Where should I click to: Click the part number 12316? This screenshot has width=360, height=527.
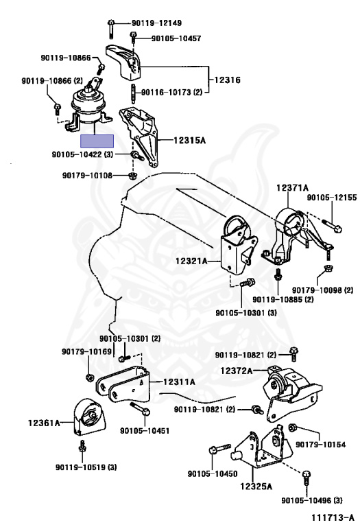point(228,80)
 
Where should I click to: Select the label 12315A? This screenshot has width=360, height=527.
point(189,140)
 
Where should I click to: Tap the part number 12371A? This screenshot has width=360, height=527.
point(292,187)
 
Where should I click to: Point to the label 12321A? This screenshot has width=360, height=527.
point(191,261)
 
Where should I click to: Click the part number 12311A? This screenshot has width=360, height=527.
point(179,382)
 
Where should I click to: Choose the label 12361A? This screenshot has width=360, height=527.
point(44,423)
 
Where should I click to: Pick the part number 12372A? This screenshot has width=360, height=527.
point(236,371)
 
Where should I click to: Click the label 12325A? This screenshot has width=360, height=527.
point(256,486)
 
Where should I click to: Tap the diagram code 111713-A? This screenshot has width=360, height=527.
point(333,517)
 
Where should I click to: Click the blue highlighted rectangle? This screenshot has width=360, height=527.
point(97,141)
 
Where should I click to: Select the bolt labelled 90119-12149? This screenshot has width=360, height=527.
point(111,29)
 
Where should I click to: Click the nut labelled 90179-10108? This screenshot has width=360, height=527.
point(132,175)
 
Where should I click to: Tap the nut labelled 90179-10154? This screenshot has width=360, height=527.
point(292,428)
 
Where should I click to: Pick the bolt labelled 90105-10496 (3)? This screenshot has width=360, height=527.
point(307,478)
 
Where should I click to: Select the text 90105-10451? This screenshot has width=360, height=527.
point(145,430)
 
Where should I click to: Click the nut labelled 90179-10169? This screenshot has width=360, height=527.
point(89,377)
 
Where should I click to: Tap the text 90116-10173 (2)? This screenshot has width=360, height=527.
point(172,92)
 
